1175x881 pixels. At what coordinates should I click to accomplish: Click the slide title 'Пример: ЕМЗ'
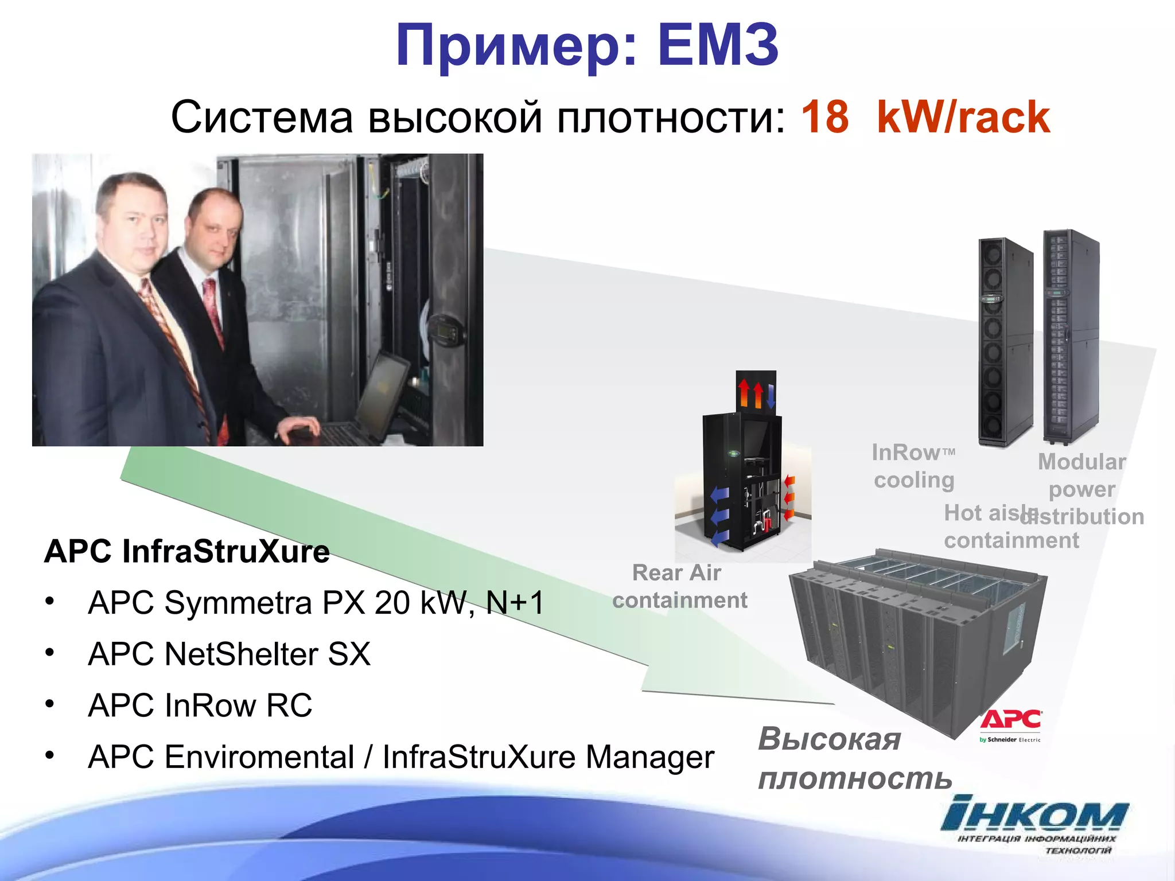(587, 46)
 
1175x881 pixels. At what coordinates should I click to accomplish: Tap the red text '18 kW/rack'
(925, 118)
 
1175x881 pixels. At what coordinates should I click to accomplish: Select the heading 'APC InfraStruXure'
(187, 552)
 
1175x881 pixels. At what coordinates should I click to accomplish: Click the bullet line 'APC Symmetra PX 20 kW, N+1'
(316, 603)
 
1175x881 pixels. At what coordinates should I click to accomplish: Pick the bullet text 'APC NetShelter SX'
(229, 654)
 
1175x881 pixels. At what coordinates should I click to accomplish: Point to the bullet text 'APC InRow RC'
(200, 705)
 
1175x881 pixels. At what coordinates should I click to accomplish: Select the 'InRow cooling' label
(913, 466)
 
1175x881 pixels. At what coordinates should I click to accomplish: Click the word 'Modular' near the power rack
(1081, 462)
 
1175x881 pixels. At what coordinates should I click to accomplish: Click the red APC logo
(1011, 720)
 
